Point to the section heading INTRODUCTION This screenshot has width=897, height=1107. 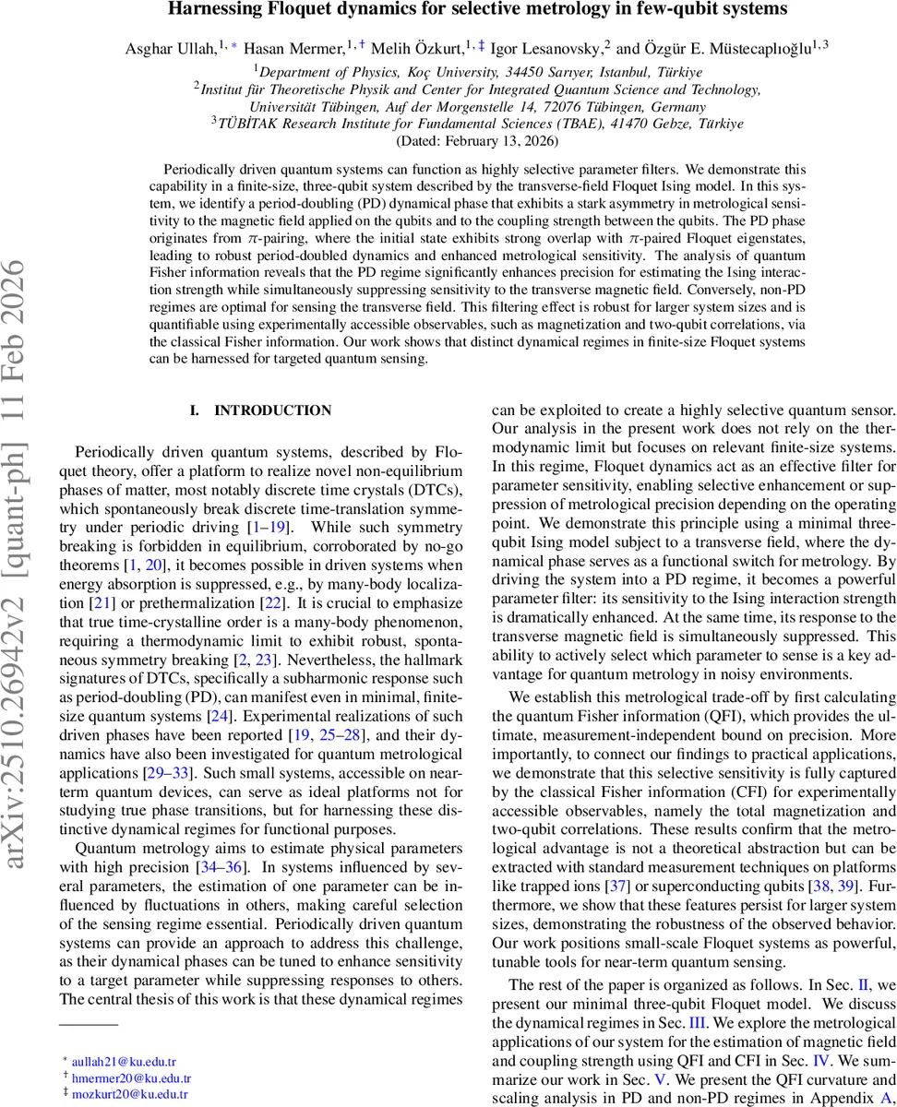click(x=272, y=411)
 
